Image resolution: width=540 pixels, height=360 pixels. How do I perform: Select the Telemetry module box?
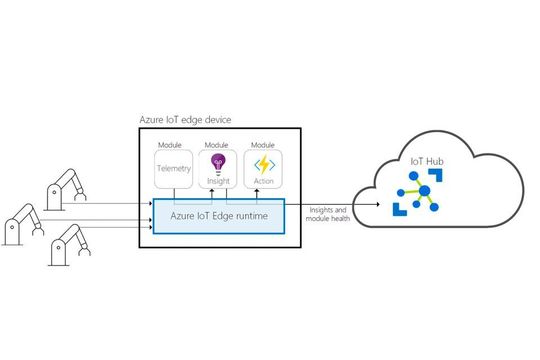tap(174, 170)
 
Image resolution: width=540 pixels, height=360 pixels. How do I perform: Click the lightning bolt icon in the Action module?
tap(264, 164)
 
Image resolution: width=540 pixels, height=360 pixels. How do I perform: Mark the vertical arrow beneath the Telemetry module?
tap(174, 195)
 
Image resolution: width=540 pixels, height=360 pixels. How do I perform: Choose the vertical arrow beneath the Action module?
tap(264, 195)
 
